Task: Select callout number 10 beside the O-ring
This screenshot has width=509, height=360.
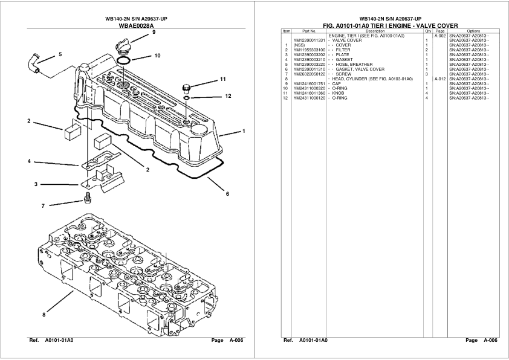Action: [157, 56]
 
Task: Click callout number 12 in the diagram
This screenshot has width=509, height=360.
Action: [228, 96]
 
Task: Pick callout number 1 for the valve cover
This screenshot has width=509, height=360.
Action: [243, 131]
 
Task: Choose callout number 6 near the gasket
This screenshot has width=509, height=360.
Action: [227, 194]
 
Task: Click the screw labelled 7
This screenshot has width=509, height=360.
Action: [88, 197]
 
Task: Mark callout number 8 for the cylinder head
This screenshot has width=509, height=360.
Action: [44, 314]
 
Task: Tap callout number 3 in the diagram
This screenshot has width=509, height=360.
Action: [36, 184]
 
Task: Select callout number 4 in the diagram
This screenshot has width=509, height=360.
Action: [28, 161]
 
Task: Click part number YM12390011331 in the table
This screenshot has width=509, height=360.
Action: [309, 40]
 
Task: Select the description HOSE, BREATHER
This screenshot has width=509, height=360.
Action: [354, 65]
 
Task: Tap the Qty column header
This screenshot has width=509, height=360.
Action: [427, 31]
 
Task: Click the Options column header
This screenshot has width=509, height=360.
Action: [473, 31]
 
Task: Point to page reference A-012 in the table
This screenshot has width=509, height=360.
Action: [439, 79]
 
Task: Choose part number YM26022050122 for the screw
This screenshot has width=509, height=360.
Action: [309, 74]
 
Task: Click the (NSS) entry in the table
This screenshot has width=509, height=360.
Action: [299, 45]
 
